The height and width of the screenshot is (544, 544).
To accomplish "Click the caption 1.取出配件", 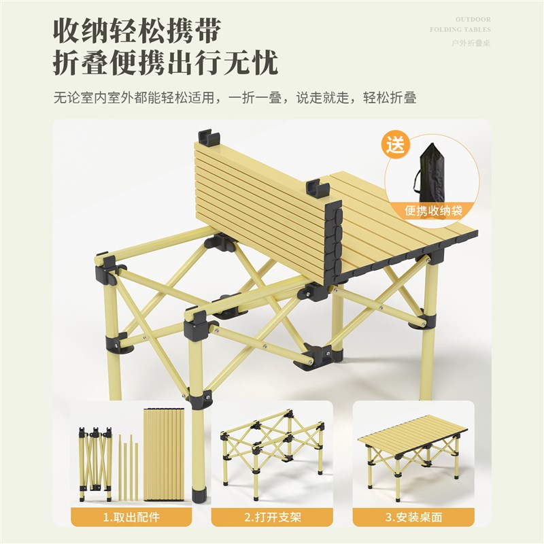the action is pyautogui.click(x=131, y=517).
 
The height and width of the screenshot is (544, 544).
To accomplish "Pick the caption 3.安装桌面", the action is pyautogui.click(x=413, y=517).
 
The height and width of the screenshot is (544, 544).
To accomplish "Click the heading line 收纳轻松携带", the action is pyautogui.click(x=138, y=31).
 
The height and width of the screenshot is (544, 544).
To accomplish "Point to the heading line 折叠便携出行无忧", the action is pyautogui.click(x=166, y=64).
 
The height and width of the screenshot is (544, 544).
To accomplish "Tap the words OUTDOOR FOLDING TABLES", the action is pyautogui.click(x=460, y=24).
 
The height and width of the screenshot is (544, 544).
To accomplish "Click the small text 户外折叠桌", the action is pyautogui.click(x=471, y=43).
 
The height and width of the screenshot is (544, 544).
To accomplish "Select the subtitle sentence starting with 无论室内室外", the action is pyautogui.click(x=235, y=97).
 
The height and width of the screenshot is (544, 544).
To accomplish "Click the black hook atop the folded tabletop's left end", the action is pyautogui.click(x=209, y=139).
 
